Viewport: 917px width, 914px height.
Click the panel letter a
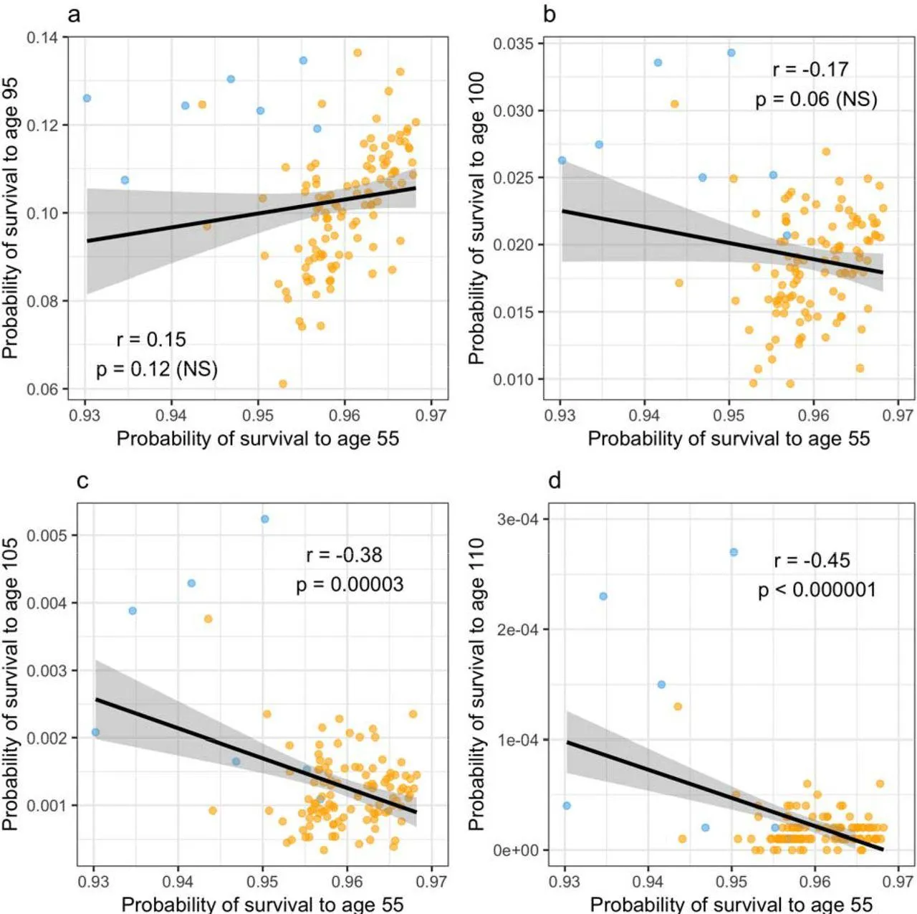tap(74, 14)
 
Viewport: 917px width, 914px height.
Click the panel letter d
tap(554, 480)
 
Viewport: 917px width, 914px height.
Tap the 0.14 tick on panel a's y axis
tap(42, 37)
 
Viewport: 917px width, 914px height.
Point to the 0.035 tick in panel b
tap(513, 44)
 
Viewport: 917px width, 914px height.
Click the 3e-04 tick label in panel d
tap(517, 519)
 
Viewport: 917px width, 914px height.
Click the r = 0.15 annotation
tap(151, 339)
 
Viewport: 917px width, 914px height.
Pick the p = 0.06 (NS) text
tap(816, 99)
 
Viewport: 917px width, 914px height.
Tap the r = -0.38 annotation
tap(344, 555)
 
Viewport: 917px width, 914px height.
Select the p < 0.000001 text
tap(817, 590)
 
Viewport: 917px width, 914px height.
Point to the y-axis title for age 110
tap(476, 685)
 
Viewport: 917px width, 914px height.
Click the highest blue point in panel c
tap(265, 519)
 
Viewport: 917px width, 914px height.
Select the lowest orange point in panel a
tap(283, 384)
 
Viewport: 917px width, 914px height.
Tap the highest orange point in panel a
tap(357, 52)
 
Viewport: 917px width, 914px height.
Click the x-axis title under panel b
tap(729, 439)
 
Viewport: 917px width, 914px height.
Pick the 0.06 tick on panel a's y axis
tap(42, 389)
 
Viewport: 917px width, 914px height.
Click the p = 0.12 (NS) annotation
tap(157, 368)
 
